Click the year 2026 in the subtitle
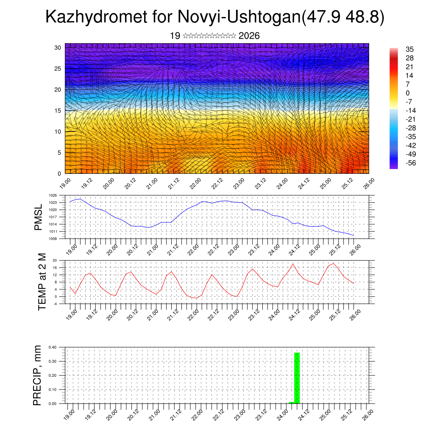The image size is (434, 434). (x=249, y=36)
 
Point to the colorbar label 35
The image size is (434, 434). (x=409, y=49)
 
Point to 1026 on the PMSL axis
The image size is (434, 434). (x=53, y=195)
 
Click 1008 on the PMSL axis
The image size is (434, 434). (x=53, y=239)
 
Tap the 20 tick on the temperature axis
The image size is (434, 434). (x=55, y=260)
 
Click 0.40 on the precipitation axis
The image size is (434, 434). (x=53, y=347)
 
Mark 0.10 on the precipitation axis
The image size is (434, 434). (x=53, y=389)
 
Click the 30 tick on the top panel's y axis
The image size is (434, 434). (x=58, y=47)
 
